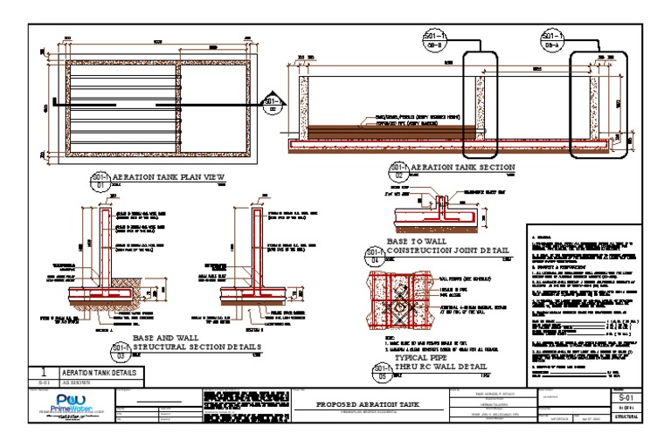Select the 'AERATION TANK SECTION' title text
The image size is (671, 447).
tap(463, 167)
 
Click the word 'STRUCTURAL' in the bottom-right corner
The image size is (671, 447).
tap(626, 417)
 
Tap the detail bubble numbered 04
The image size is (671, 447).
tap(375, 255)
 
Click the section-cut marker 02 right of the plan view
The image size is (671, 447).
tap(272, 106)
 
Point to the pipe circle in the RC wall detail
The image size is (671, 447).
tap(395, 299)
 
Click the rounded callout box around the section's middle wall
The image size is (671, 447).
tap(479, 102)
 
